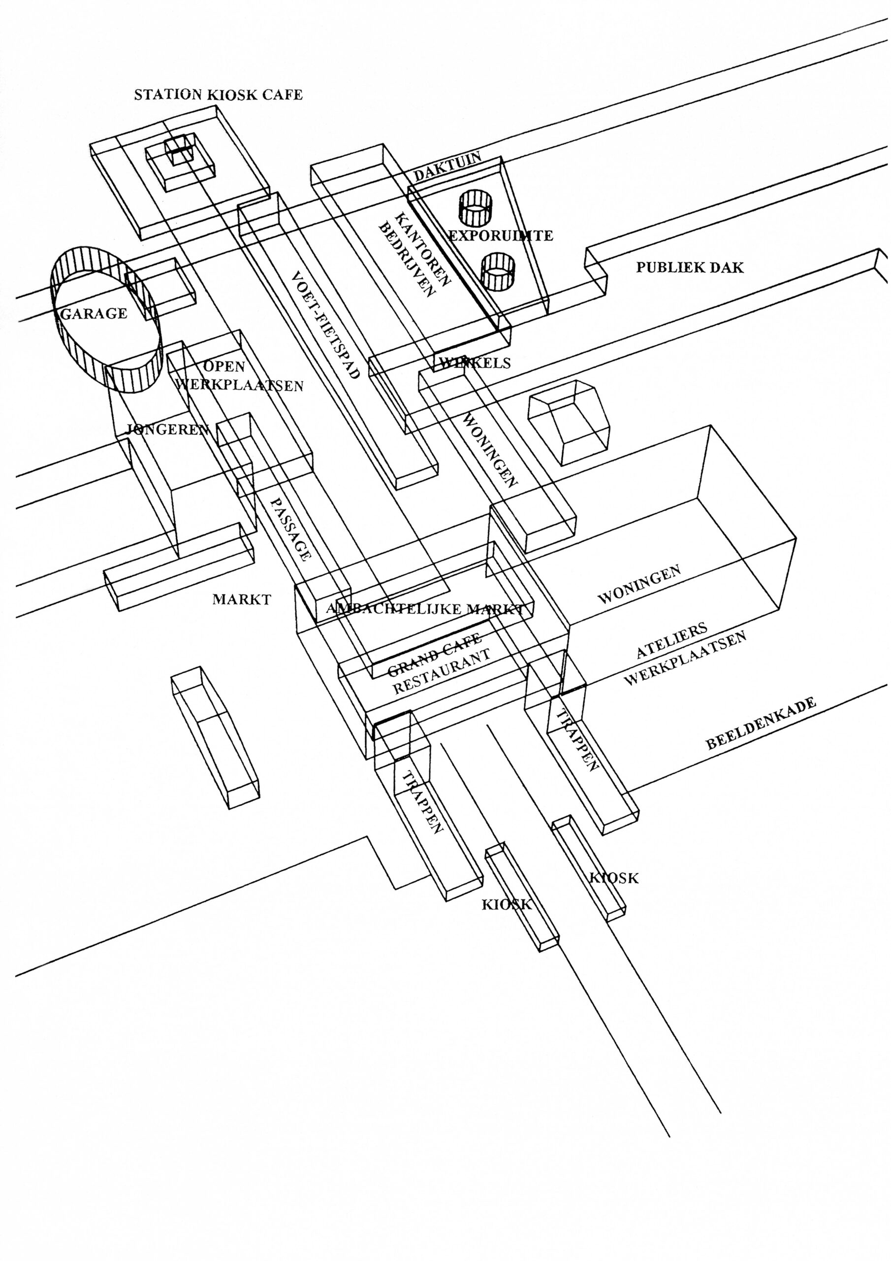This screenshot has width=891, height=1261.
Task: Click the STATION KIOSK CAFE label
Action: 218,95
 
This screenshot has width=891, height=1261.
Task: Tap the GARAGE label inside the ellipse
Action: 94,314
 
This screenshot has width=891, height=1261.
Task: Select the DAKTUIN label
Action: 447,166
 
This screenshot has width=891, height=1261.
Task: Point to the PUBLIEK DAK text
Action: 690,267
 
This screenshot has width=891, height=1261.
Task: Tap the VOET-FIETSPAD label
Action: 326,325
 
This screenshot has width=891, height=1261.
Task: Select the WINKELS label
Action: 476,363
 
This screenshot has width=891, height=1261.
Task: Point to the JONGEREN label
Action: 167,430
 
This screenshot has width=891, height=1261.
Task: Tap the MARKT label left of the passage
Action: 242,599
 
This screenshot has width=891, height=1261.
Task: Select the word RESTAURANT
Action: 443,672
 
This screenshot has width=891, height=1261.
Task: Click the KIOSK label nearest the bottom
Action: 507,904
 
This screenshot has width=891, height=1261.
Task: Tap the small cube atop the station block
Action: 180,149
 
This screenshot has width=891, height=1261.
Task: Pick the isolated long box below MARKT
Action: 215,737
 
